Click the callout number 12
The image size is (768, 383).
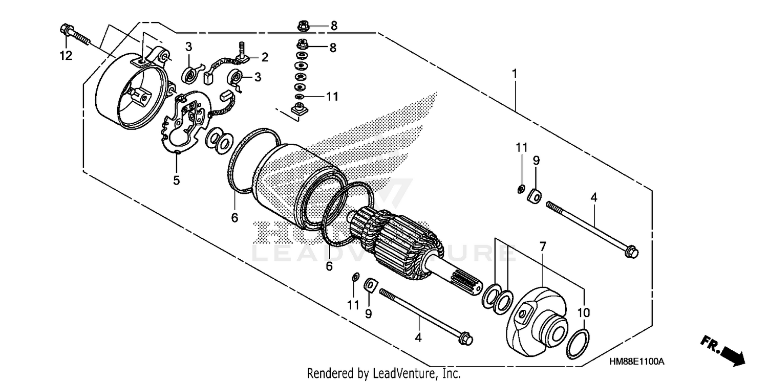tap(66, 56)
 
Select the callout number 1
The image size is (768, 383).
tap(515, 74)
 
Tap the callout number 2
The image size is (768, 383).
tap(265, 56)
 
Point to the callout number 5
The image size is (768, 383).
tap(176, 181)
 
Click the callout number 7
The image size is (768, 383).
tap(543, 247)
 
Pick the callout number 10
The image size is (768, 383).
tap(584, 312)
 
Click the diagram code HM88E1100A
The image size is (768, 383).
tap(636, 362)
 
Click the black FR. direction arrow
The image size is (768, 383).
tap(727, 352)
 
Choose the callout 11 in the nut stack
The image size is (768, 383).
tap(332, 96)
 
